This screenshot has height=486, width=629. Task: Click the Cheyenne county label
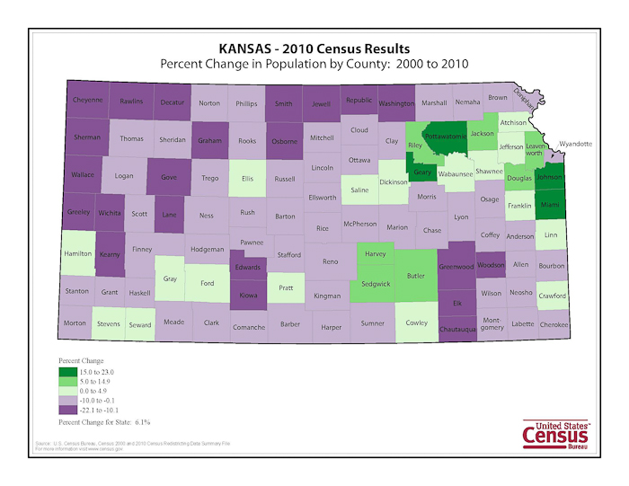(x=87, y=100)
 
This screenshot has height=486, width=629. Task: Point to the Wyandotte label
(x=576, y=144)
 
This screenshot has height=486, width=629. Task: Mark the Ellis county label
(x=247, y=178)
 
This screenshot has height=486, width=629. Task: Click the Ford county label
(x=208, y=284)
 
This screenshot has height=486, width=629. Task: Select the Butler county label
(x=414, y=277)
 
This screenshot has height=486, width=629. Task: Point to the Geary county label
(x=422, y=172)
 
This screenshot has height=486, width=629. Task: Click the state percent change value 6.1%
(x=138, y=420)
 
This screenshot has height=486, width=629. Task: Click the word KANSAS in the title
(x=249, y=49)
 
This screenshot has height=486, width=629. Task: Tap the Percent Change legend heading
(x=82, y=361)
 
